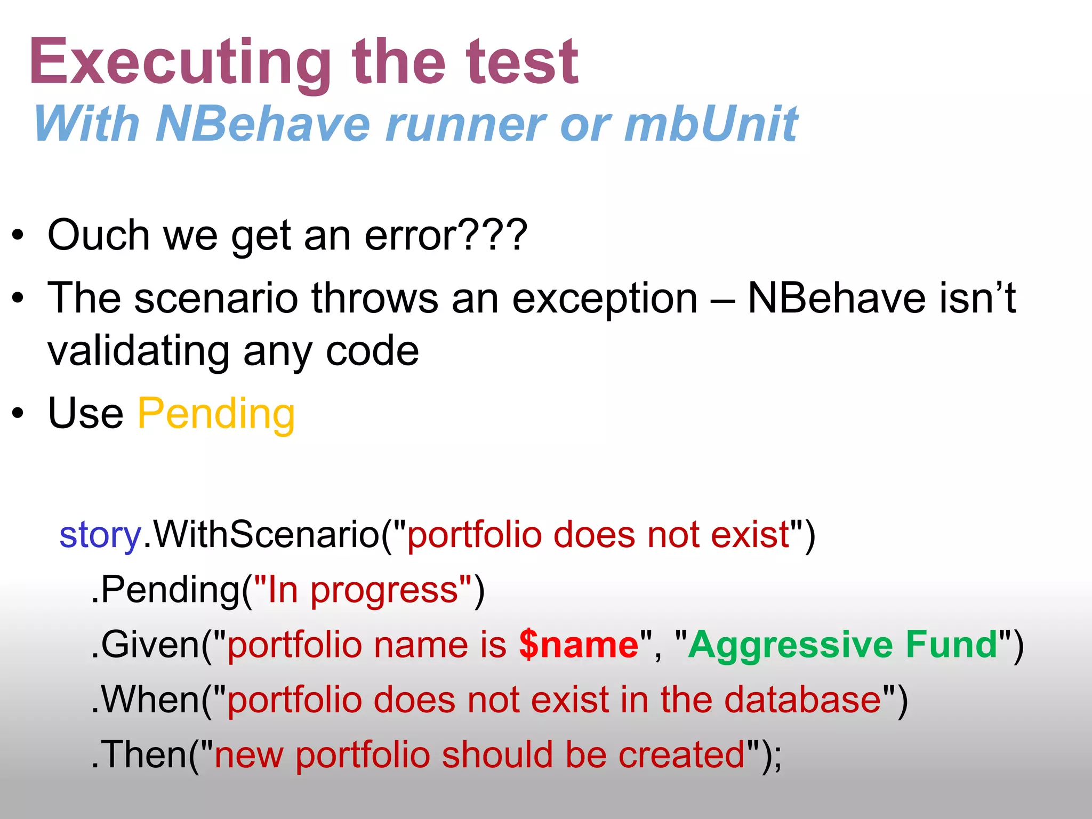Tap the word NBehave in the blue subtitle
point(263,124)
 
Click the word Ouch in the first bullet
point(99,235)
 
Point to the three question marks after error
point(494,235)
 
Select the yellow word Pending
point(216,414)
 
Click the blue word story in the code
point(100,535)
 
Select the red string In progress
point(363,590)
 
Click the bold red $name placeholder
point(579,645)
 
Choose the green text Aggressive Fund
point(842,645)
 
